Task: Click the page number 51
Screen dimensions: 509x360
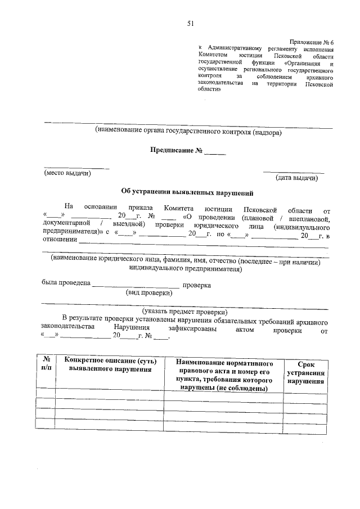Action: (x=190, y=23)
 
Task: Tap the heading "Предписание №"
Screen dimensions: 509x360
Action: (x=175, y=151)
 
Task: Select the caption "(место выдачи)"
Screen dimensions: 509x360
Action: (x=67, y=174)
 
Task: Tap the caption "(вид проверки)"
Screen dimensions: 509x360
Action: (x=149, y=292)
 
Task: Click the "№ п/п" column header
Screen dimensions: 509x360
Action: (x=46, y=364)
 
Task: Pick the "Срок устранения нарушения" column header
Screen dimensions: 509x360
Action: (x=305, y=373)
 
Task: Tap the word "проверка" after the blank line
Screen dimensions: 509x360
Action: (x=196, y=285)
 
